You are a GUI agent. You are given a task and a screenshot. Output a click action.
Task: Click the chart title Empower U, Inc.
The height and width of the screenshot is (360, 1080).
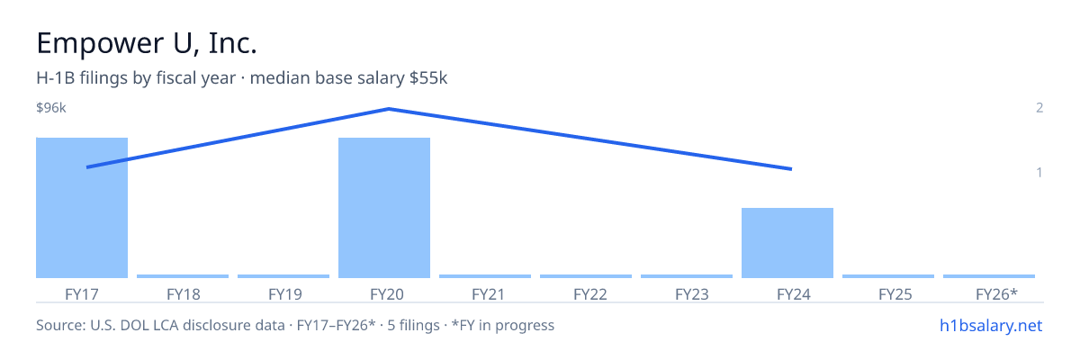[x=147, y=43]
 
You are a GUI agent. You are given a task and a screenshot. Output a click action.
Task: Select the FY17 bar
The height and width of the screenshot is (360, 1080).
[x=82, y=208]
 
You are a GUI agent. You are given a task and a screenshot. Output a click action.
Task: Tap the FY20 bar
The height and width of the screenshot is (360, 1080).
[x=384, y=208]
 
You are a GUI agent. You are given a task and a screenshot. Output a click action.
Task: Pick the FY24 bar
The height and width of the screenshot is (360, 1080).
[x=787, y=243]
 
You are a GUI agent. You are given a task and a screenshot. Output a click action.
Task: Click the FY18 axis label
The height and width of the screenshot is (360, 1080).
[x=184, y=294]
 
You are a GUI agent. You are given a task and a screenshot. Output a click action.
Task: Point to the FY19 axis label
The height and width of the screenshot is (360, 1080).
[x=285, y=294]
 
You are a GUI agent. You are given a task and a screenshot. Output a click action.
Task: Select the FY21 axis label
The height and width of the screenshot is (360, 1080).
[x=488, y=294]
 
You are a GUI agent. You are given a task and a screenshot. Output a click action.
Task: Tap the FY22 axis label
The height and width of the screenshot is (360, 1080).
[x=590, y=294]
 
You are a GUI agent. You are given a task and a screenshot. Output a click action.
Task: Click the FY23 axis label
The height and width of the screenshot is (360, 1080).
[x=692, y=294]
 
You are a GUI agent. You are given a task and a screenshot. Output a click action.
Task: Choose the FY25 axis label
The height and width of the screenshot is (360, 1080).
[x=895, y=294]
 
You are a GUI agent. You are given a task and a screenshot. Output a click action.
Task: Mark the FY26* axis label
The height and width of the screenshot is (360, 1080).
[x=996, y=294]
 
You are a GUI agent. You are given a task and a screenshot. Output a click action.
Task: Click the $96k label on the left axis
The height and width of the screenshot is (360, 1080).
[x=51, y=107]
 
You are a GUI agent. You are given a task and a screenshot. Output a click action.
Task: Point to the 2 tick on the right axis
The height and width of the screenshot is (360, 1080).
[x=1039, y=107]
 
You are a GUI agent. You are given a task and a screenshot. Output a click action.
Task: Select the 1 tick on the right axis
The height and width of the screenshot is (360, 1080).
[x=1039, y=173]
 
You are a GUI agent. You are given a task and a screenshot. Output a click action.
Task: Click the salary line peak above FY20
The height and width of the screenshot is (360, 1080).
[x=389, y=109]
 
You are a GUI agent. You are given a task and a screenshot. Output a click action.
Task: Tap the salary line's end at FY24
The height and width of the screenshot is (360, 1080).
[x=791, y=169]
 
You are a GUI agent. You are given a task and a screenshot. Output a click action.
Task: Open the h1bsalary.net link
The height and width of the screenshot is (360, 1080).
[x=991, y=326]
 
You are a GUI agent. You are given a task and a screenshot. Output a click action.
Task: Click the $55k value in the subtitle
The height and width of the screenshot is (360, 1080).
[x=428, y=78]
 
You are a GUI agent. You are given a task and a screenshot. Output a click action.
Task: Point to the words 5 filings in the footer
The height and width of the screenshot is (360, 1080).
[x=414, y=326]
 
